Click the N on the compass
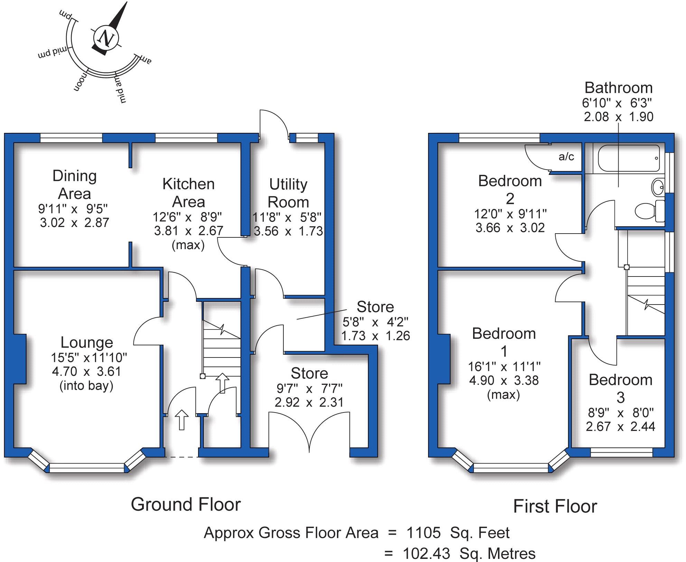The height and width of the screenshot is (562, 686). coord(105,38)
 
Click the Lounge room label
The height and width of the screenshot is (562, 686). coord(87,342)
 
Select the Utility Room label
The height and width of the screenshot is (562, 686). coord(288,193)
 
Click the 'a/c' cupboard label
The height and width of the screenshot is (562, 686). coord(566,157)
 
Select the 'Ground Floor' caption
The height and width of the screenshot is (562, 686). coord(186,504)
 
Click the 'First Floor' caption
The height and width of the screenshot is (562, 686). coord(555,506)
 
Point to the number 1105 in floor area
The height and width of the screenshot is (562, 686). coord(423,533)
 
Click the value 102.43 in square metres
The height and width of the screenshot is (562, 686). coord(426,554)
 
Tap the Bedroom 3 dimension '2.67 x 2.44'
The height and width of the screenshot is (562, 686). coord(620,426)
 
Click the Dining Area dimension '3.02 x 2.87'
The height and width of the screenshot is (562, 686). coord(74,222)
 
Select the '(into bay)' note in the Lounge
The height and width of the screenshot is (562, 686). coord(86,386)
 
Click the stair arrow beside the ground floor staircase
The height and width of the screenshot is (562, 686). coord(222,383)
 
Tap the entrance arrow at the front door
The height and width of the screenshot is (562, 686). coord(181,419)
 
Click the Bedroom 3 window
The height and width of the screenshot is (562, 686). coord(621,452)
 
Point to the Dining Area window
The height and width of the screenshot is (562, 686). coord(71,138)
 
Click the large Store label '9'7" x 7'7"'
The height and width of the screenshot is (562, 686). coord(309,389)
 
